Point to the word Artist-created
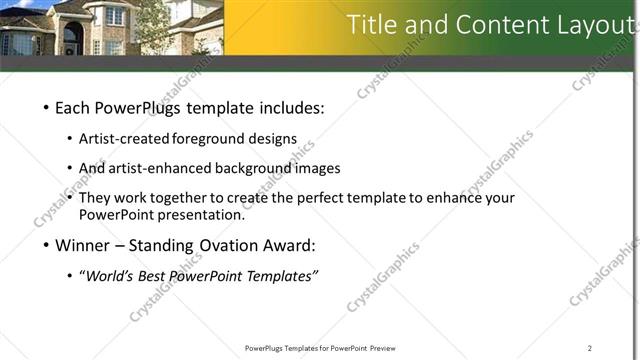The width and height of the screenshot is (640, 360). [124, 139]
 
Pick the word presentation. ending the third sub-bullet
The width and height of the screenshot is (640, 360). [196, 214]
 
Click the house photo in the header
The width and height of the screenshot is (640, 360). [110, 27]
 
